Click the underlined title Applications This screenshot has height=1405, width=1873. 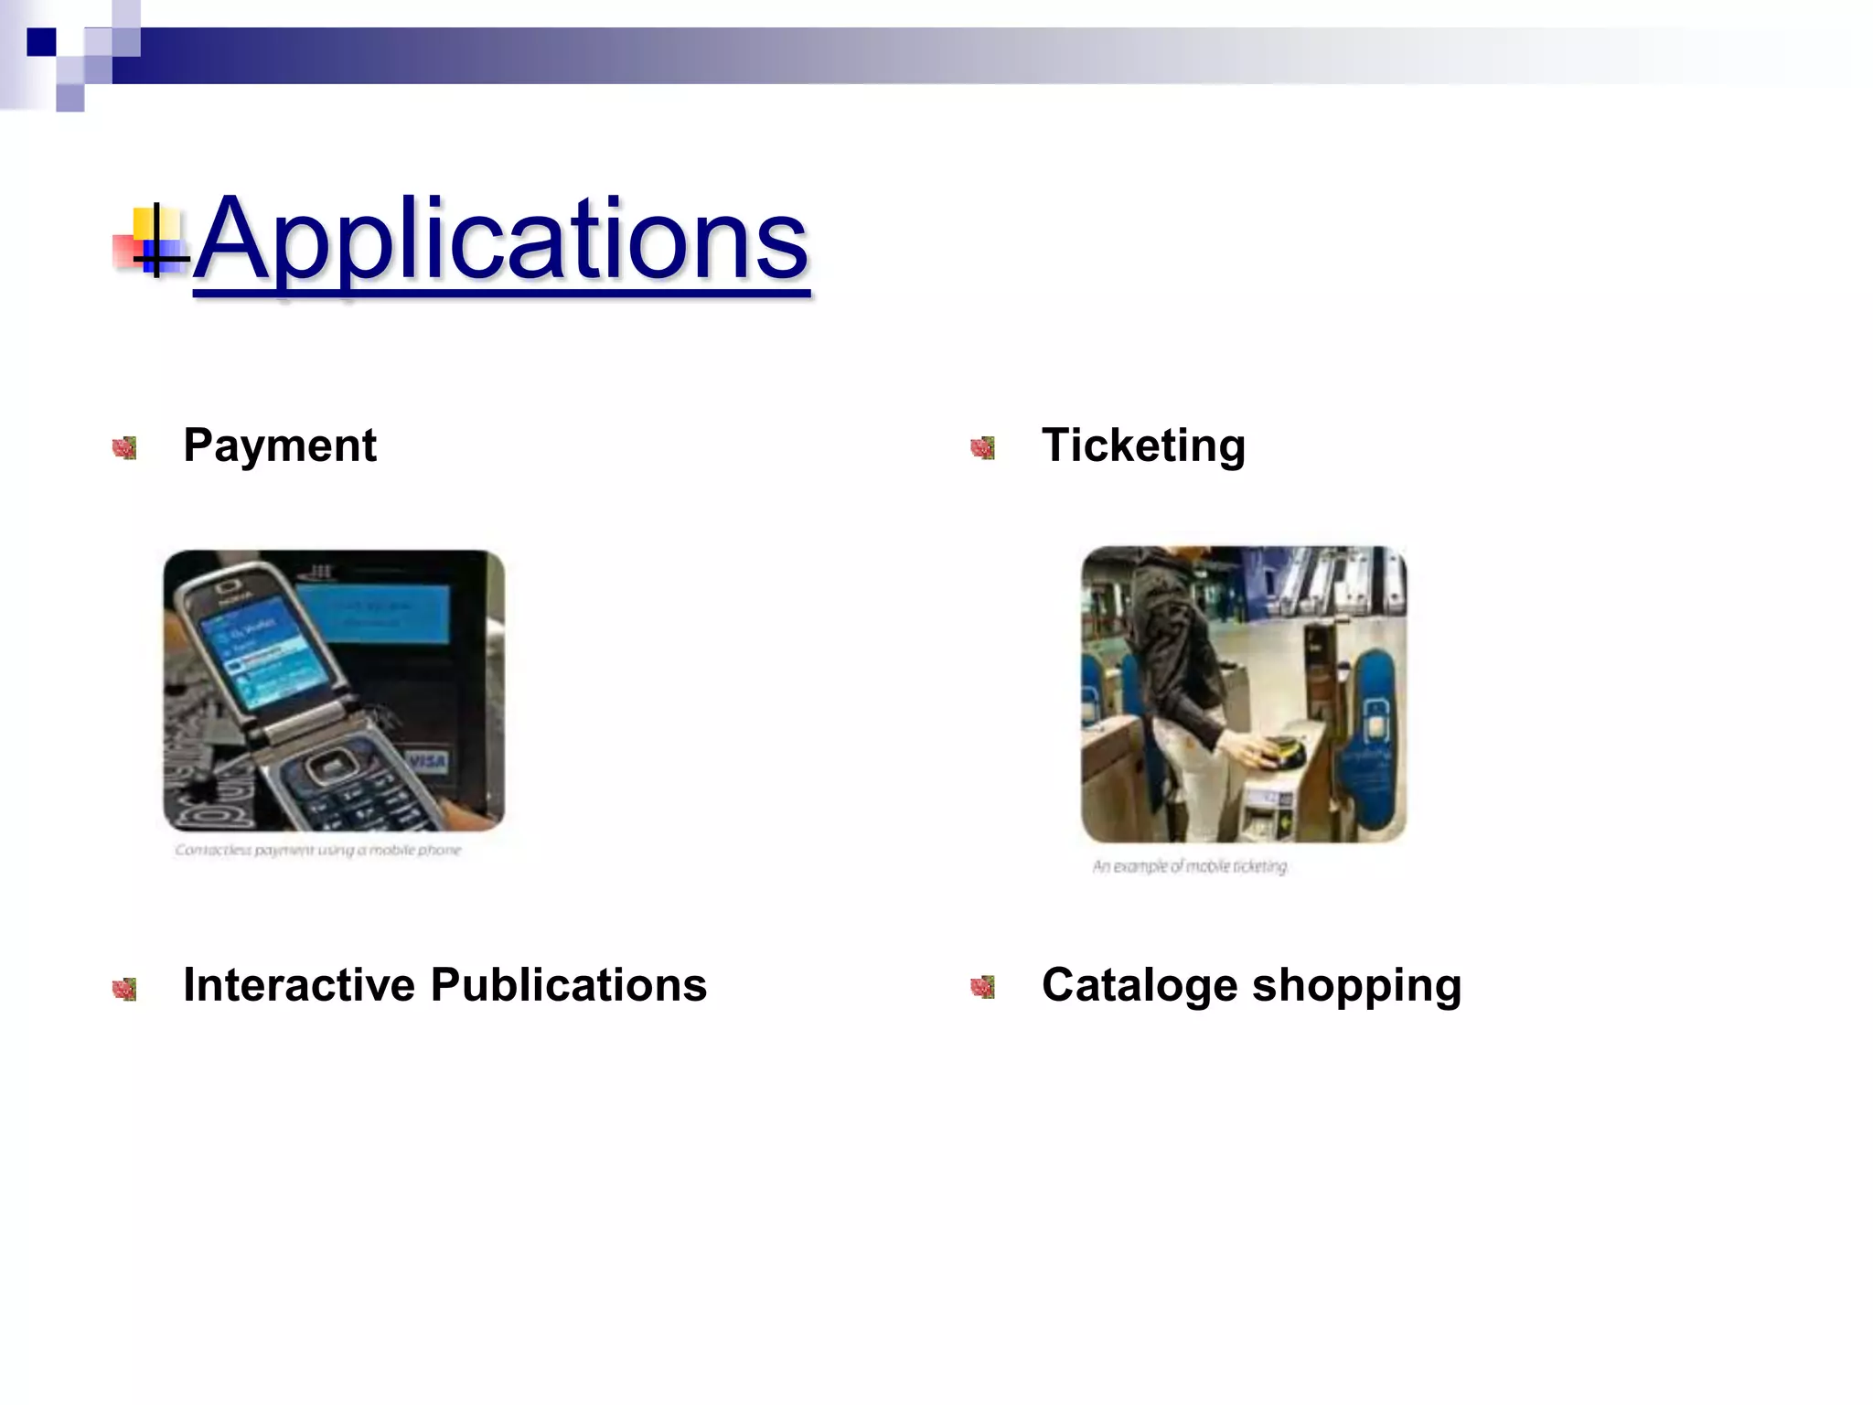pos(501,240)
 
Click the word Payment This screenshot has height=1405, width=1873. pos(279,445)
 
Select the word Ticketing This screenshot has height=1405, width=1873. pos(1143,445)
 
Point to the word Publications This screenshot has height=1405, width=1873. pos(568,985)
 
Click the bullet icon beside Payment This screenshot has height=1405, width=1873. pos(124,447)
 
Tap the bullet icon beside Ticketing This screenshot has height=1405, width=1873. pos(982,447)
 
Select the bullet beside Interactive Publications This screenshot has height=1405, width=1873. pos(124,988)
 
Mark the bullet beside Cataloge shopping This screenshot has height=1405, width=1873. pos(982,987)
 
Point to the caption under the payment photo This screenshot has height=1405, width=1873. pos(318,851)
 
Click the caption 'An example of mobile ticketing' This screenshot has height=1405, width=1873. pos(1189,866)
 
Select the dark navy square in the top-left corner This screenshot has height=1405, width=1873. pos(41,42)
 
